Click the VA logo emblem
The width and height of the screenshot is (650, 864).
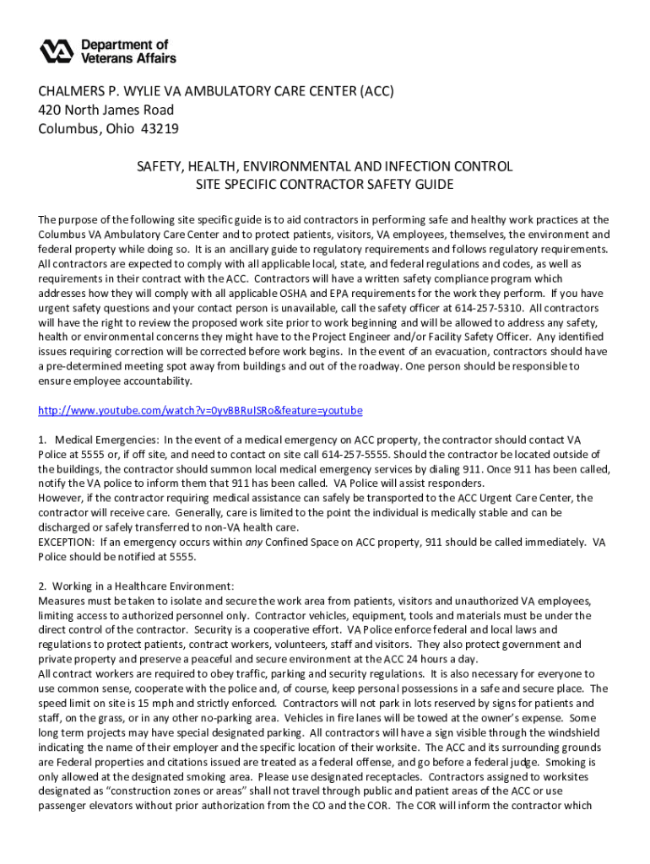[x=58, y=51]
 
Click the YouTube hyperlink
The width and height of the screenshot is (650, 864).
[x=200, y=411]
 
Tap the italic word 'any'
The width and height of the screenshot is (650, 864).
[x=253, y=542]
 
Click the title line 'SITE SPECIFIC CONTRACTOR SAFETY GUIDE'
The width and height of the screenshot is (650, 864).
[x=325, y=185]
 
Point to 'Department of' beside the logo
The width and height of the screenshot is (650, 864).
[x=125, y=44]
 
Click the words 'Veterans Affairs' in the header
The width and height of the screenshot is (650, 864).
[x=129, y=58]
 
